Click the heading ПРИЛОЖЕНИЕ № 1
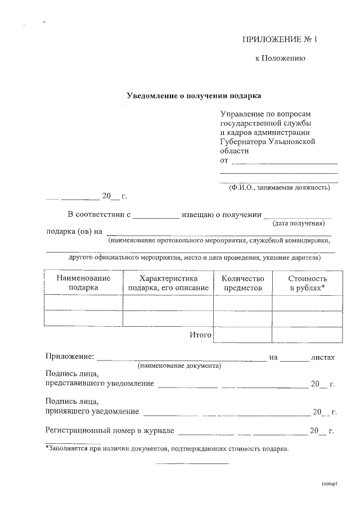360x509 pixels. point(280,39)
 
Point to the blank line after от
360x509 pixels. point(285,162)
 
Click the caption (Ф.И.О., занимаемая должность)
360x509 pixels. point(279,187)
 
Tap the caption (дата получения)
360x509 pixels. point(298,223)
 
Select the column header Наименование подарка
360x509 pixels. point(83,283)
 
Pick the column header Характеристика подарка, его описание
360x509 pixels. point(168,283)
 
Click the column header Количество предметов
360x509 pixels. point(243,283)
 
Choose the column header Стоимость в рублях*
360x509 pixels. point(307,283)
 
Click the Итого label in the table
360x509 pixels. point(200,335)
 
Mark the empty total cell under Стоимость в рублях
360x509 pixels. point(307,335)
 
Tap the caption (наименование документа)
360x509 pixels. point(179,366)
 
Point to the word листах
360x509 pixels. point(322,357)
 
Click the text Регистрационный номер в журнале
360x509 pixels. point(109,431)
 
